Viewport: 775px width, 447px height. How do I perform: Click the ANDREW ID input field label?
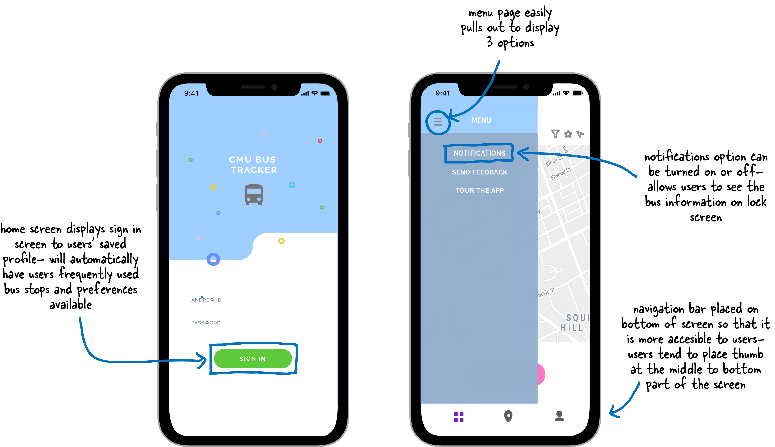coord(206,300)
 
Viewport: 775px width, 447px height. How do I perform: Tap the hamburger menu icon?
coord(438,122)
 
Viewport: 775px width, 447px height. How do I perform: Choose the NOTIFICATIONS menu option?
coord(479,153)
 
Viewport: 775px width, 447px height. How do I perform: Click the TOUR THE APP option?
coord(479,190)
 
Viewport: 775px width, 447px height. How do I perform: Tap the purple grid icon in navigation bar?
coord(458,417)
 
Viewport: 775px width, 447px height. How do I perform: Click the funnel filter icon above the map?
coord(555,134)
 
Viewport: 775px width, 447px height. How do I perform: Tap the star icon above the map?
coord(568,134)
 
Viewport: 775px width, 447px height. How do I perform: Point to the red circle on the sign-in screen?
coord(320,141)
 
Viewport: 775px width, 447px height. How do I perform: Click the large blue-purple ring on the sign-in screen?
coord(213,259)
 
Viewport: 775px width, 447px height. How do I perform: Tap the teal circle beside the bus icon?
coord(292,185)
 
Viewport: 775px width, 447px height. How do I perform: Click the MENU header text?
coord(481,120)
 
